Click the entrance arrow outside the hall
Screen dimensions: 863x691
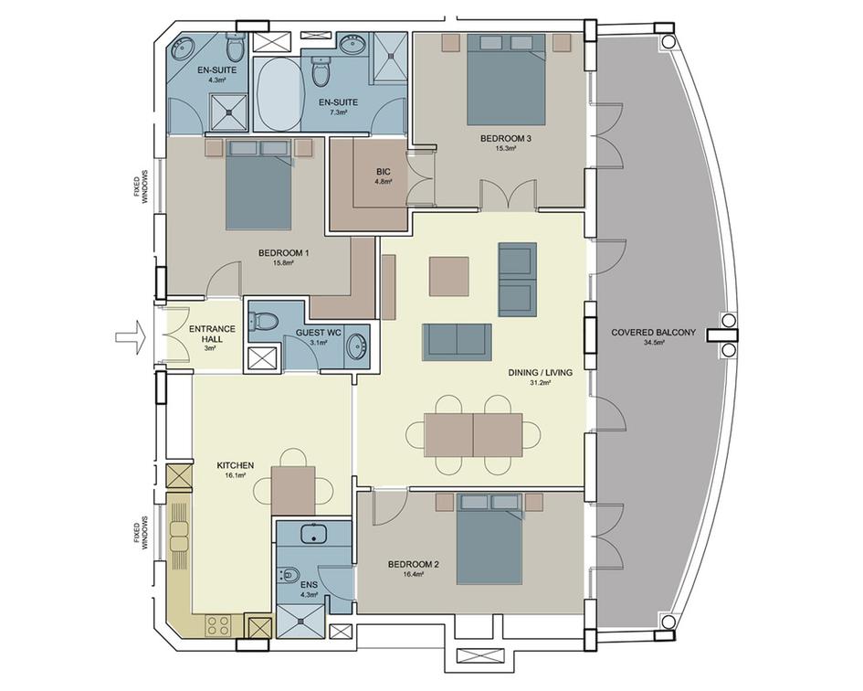click(129, 335)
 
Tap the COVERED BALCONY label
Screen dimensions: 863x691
click(653, 333)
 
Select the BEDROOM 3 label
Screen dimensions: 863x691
click(506, 139)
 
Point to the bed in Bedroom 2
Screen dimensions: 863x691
click(489, 538)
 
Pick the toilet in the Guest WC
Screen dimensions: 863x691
click(264, 321)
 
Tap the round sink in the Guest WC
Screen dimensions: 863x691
click(357, 345)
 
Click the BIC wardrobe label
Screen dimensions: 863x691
click(383, 171)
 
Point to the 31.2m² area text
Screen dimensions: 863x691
click(540, 382)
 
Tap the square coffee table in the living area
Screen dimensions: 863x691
click(449, 276)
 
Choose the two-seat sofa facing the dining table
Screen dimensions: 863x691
click(457, 342)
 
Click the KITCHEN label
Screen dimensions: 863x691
click(235, 465)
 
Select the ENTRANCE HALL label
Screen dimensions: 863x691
click(212, 334)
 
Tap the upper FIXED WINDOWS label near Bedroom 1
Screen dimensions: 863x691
click(145, 187)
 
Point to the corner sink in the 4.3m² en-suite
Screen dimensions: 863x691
click(181, 48)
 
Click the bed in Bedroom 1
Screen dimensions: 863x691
click(258, 185)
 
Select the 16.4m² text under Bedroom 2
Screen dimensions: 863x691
click(414, 574)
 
